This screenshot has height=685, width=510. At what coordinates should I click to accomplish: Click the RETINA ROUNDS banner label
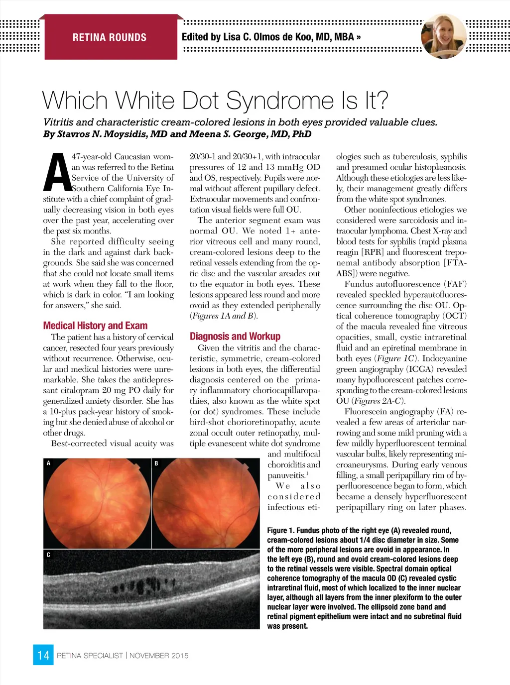(x=110, y=37)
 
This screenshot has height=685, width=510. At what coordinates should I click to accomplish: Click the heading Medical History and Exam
(x=95, y=326)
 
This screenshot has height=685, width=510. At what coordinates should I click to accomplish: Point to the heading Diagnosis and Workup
(x=235, y=337)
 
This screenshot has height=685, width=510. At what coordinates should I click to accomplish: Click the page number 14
(x=43, y=655)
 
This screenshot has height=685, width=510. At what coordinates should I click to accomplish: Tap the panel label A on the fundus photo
(x=48, y=463)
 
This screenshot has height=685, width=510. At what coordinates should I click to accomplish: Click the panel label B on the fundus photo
(x=156, y=463)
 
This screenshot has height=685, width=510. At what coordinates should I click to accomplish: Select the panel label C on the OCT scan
(x=48, y=555)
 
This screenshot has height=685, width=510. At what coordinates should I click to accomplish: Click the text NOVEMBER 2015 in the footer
(x=159, y=656)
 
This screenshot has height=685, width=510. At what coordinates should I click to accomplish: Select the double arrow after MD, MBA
(x=359, y=37)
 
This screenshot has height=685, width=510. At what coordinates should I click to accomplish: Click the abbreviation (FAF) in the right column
(x=454, y=284)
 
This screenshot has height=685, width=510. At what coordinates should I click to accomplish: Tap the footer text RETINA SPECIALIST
(x=90, y=656)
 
